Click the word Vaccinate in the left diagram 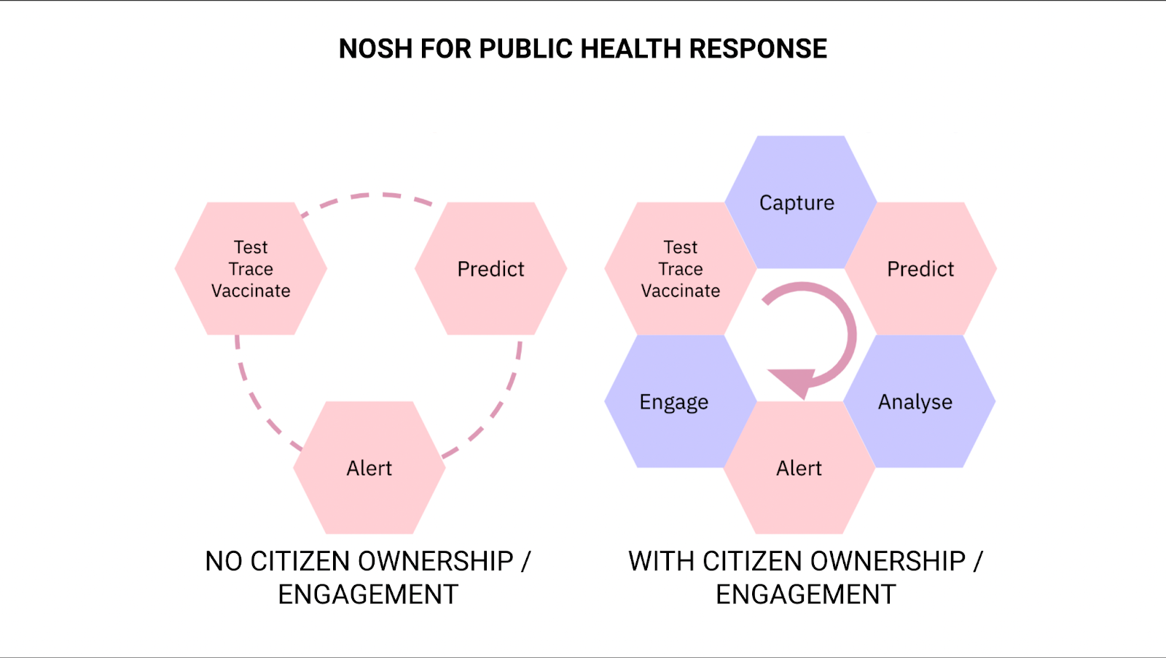(x=251, y=291)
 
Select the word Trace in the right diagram (x=681, y=269)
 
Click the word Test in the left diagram (x=251, y=247)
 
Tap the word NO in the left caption (x=223, y=561)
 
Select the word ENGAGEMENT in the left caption (x=368, y=595)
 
